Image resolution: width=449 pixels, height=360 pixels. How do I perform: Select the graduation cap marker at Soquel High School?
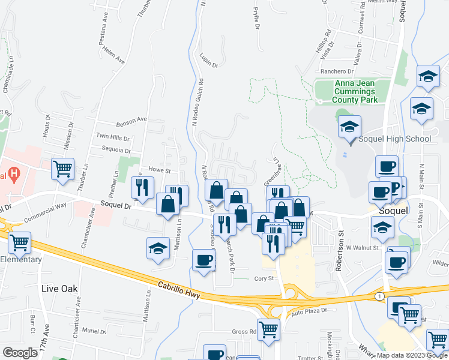click(x=349, y=128)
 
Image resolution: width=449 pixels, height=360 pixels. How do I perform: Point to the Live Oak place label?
click(x=59, y=289)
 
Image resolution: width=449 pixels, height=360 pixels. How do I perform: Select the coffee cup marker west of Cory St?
click(x=203, y=260)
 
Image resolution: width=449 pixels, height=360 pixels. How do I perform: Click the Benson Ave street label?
click(x=131, y=119)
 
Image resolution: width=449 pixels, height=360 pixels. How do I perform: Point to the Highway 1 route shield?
click(x=379, y=296)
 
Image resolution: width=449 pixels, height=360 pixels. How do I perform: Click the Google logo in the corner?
click(x=20, y=353)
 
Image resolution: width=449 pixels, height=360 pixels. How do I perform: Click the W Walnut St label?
click(x=362, y=247)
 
